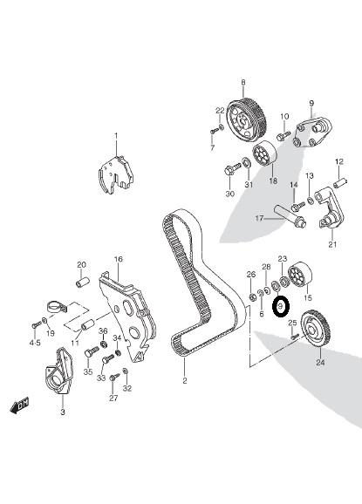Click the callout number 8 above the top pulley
[243, 83]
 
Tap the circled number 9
[281, 307]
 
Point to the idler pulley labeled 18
[264, 153]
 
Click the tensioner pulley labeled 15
[300, 276]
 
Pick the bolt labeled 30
[232, 169]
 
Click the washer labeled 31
[246, 162]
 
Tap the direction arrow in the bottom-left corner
[19, 405]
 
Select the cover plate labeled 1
[115, 174]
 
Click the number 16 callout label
[118, 259]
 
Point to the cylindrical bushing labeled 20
[81, 282]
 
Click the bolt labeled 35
[92, 351]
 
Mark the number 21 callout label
[332, 244]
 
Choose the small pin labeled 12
[340, 184]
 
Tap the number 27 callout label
[113, 398]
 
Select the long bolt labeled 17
[290, 216]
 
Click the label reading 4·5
[35, 343]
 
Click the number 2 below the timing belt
[185, 381]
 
